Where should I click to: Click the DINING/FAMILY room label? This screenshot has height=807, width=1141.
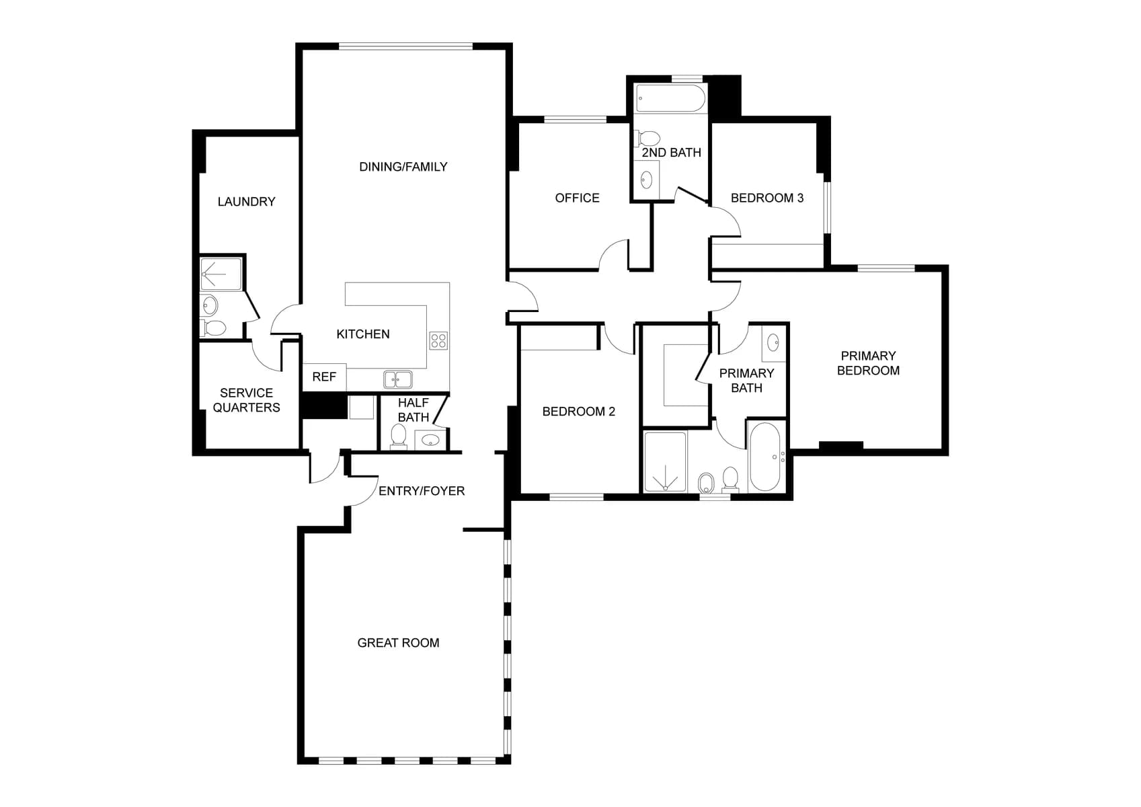pyautogui.click(x=403, y=167)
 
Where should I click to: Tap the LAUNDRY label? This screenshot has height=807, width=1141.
pyautogui.click(x=246, y=202)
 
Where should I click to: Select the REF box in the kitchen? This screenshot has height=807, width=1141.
pyautogui.click(x=324, y=377)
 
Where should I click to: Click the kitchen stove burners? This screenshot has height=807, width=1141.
pyautogui.click(x=438, y=341)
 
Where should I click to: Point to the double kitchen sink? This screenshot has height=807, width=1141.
pyautogui.click(x=398, y=380)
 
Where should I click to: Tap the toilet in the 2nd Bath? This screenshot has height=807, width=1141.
pyautogui.click(x=648, y=139)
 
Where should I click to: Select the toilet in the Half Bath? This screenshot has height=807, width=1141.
pyautogui.click(x=399, y=436)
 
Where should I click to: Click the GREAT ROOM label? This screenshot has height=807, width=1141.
pyautogui.click(x=398, y=643)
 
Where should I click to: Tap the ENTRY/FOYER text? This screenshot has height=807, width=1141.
pyautogui.click(x=422, y=491)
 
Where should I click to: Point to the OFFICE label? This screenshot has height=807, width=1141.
pyautogui.click(x=577, y=198)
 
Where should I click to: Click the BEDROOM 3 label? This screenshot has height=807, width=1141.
pyautogui.click(x=767, y=198)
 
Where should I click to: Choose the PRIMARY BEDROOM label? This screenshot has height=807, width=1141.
pyautogui.click(x=868, y=363)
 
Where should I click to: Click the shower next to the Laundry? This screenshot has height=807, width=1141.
pyautogui.click(x=221, y=274)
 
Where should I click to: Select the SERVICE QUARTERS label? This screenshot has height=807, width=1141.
pyautogui.click(x=246, y=400)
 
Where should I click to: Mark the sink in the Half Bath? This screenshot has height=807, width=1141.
pyautogui.click(x=430, y=440)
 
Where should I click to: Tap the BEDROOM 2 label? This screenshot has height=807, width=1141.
pyautogui.click(x=578, y=412)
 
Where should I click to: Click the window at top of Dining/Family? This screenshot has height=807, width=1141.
pyautogui.click(x=405, y=46)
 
